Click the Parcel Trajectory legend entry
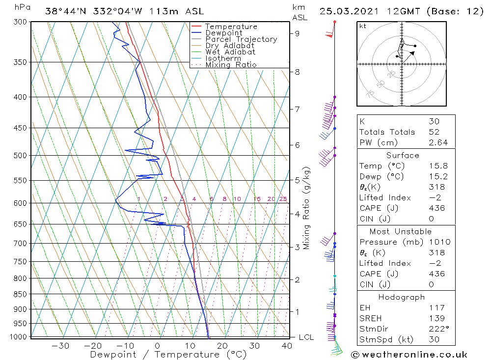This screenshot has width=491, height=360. [241, 39]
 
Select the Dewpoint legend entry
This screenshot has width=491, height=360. [224, 33]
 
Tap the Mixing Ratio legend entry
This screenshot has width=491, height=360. [231, 64]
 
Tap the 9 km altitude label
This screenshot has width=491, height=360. [298, 33]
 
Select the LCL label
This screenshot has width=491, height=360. [306, 337]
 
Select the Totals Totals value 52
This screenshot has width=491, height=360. [434, 132]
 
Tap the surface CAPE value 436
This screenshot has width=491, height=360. [436, 208]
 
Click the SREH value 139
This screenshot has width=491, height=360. [436, 318]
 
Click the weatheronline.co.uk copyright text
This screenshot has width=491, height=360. [409, 354]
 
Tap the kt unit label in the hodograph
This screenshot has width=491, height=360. [363, 26]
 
